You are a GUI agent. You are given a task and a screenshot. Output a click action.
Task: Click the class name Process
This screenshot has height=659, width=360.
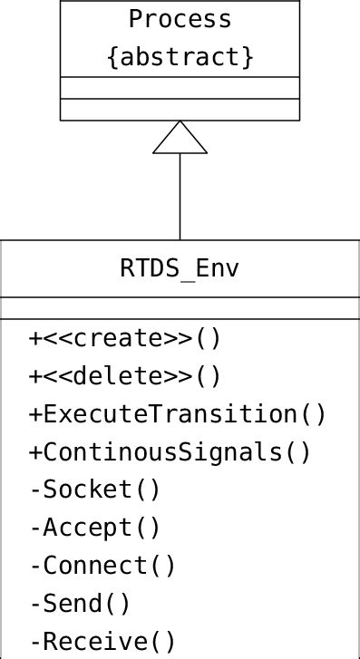pyautogui.click(x=180, y=19)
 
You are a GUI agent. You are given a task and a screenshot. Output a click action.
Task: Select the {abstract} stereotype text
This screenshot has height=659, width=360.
pyautogui.click(x=180, y=56)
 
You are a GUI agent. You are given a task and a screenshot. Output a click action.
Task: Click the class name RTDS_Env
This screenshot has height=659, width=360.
pyautogui.click(x=180, y=269)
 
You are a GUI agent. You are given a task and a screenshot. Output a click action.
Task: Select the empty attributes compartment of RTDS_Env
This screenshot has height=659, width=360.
pyautogui.click(x=180, y=307)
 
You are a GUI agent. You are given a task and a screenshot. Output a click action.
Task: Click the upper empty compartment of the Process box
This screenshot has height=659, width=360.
pyautogui.click(x=180, y=88)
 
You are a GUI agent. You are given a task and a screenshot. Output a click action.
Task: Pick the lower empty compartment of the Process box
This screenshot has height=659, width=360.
pyautogui.click(x=180, y=110)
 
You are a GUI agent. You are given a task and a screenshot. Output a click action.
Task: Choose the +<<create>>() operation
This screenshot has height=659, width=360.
pyautogui.click(x=124, y=338)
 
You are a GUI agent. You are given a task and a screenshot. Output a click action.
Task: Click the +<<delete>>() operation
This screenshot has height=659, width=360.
pyautogui.click(x=124, y=376)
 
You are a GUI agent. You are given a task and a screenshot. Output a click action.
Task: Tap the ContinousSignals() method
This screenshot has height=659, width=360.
pyautogui.click(x=177, y=451)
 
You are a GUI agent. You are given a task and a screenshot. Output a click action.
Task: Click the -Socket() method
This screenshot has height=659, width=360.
pyautogui.click(x=94, y=489)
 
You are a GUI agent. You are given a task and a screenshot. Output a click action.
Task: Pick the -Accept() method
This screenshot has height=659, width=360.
pyautogui.click(x=94, y=528)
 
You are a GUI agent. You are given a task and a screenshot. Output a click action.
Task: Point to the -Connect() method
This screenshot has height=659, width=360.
pyautogui.click(x=102, y=566)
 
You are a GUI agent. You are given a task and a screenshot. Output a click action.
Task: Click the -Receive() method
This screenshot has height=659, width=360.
pyautogui.click(x=102, y=641)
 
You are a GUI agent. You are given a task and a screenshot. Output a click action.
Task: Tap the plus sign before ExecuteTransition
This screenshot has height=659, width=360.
pyautogui.click(x=35, y=414)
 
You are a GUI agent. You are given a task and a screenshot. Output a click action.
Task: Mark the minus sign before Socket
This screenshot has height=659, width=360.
pyautogui.click(x=35, y=490)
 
